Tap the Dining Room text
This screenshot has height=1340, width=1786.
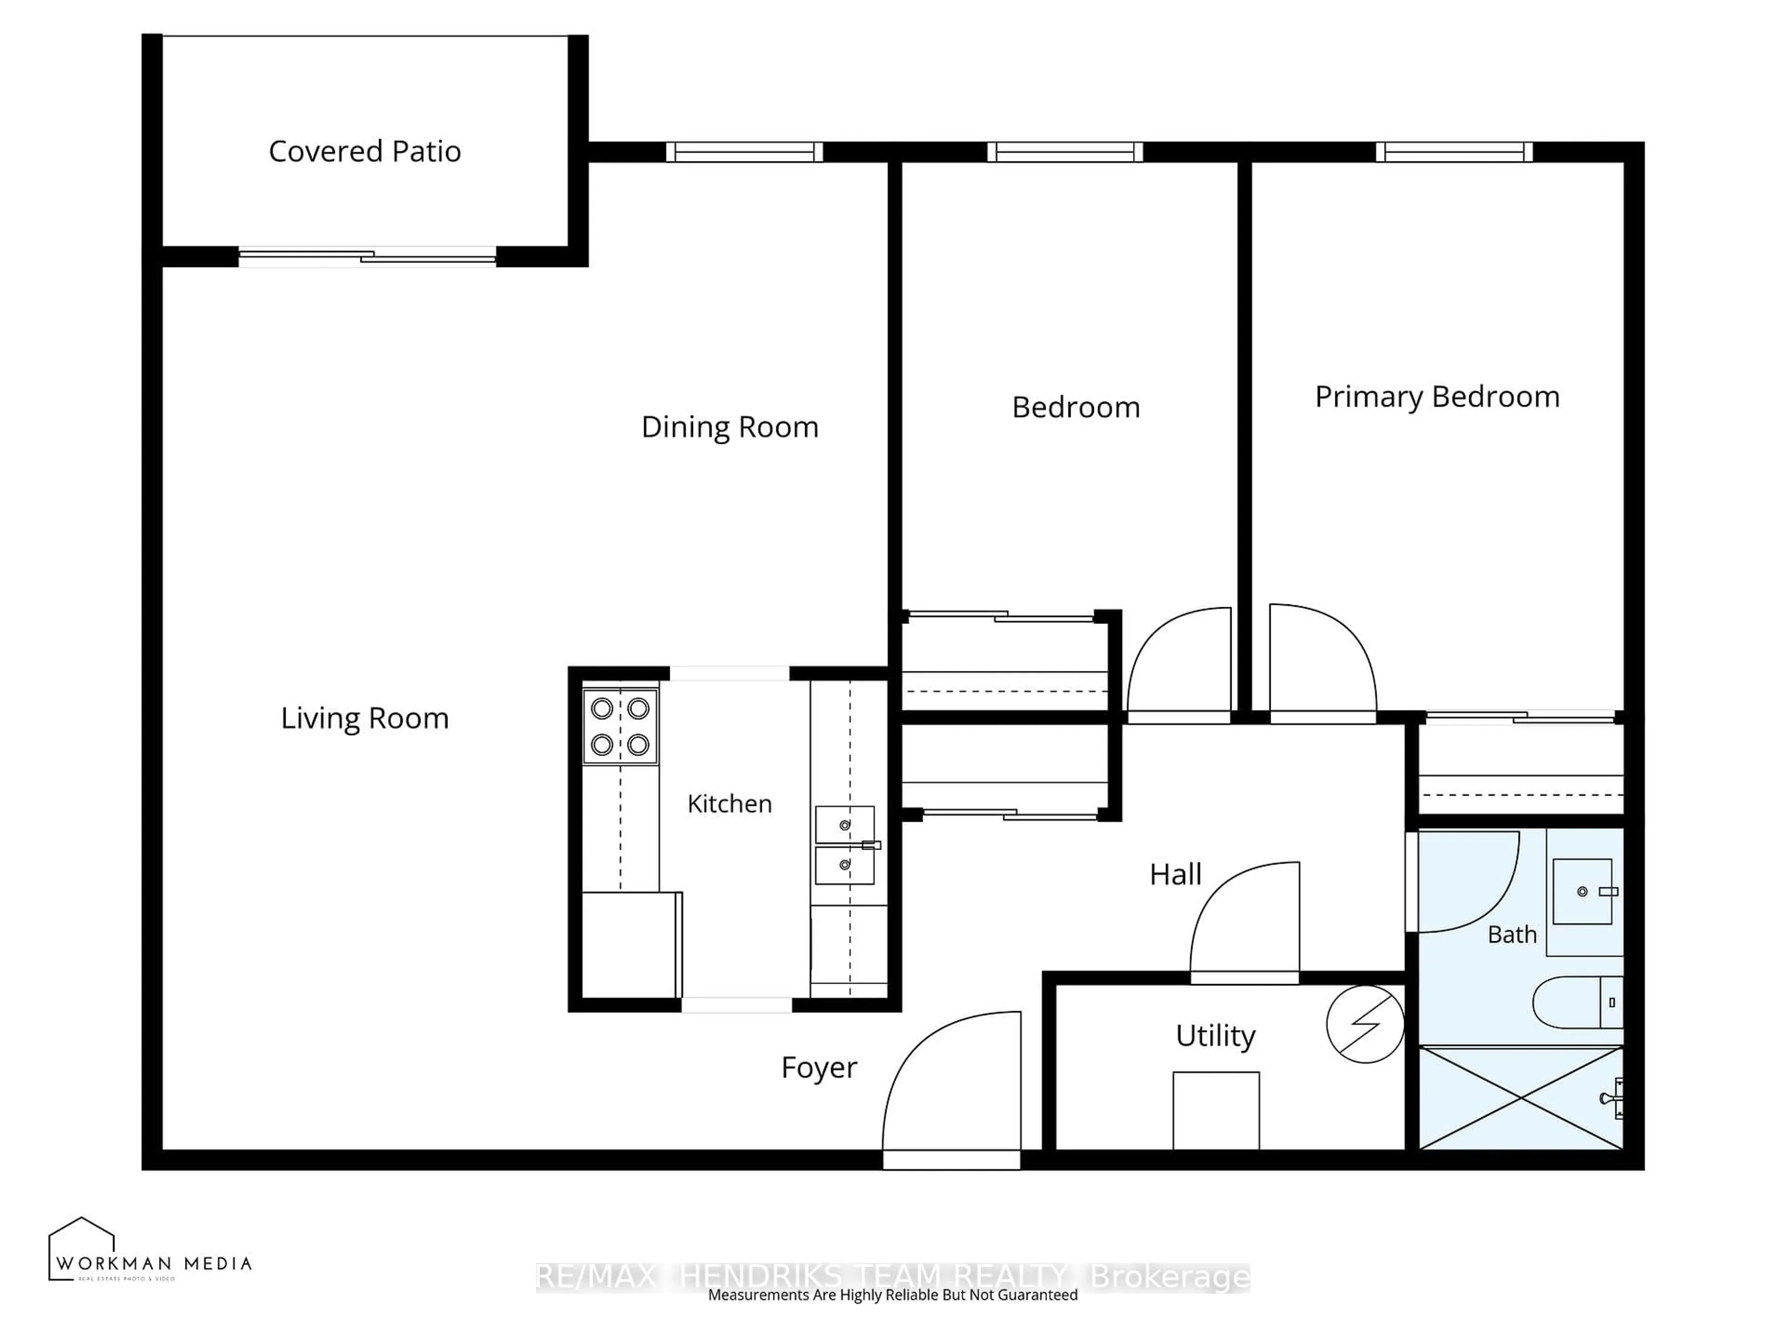[729, 427]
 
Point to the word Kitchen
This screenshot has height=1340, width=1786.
[729, 804]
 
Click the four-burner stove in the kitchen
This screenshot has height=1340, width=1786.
[620, 726]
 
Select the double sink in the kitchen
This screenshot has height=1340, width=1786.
[845, 845]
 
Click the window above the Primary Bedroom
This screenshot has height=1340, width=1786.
[1453, 152]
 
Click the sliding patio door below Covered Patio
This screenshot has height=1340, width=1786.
[367, 257]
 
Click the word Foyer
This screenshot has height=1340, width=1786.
[818, 1068]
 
